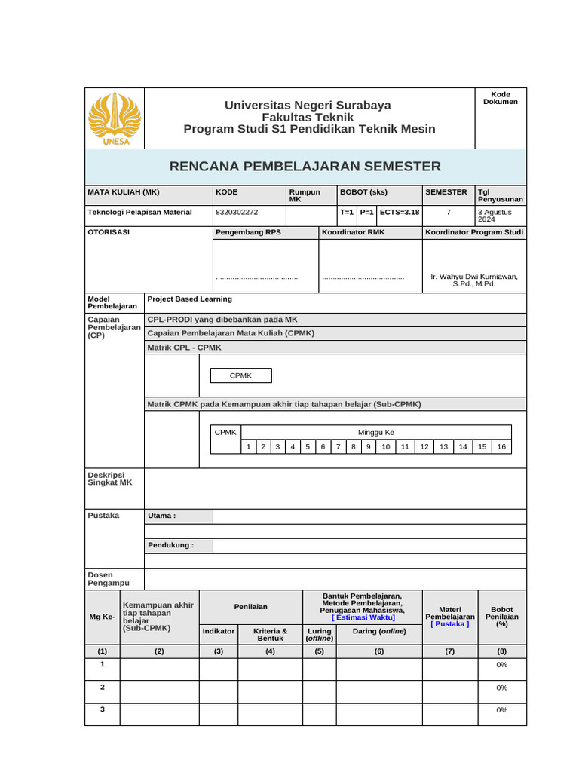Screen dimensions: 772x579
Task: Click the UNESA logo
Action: click(x=115, y=118)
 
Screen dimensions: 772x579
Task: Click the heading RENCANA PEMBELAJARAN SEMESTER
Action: click(x=305, y=166)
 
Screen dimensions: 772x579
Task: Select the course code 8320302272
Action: click(x=237, y=212)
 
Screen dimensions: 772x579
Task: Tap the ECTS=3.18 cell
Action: click(x=399, y=212)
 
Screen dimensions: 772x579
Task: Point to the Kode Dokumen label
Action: click(x=501, y=97)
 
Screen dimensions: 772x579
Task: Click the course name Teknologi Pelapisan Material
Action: click(x=140, y=212)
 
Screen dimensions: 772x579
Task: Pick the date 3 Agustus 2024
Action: click(x=495, y=216)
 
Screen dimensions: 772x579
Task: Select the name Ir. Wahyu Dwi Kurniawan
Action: click(x=474, y=277)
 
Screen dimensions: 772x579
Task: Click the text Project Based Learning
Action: click(x=189, y=299)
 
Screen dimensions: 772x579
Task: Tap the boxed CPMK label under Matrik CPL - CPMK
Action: click(x=240, y=375)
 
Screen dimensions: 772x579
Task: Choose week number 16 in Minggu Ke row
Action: click(x=501, y=446)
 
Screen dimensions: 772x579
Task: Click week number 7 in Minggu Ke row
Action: click(x=338, y=446)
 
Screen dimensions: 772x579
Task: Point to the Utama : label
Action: click(x=161, y=516)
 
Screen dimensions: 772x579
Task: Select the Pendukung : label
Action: click(x=170, y=545)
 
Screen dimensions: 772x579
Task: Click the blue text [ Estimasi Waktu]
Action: click(x=363, y=617)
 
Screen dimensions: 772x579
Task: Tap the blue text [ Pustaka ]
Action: click(x=450, y=623)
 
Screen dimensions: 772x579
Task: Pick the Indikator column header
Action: click(x=219, y=630)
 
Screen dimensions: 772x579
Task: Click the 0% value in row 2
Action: click(x=502, y=688)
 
